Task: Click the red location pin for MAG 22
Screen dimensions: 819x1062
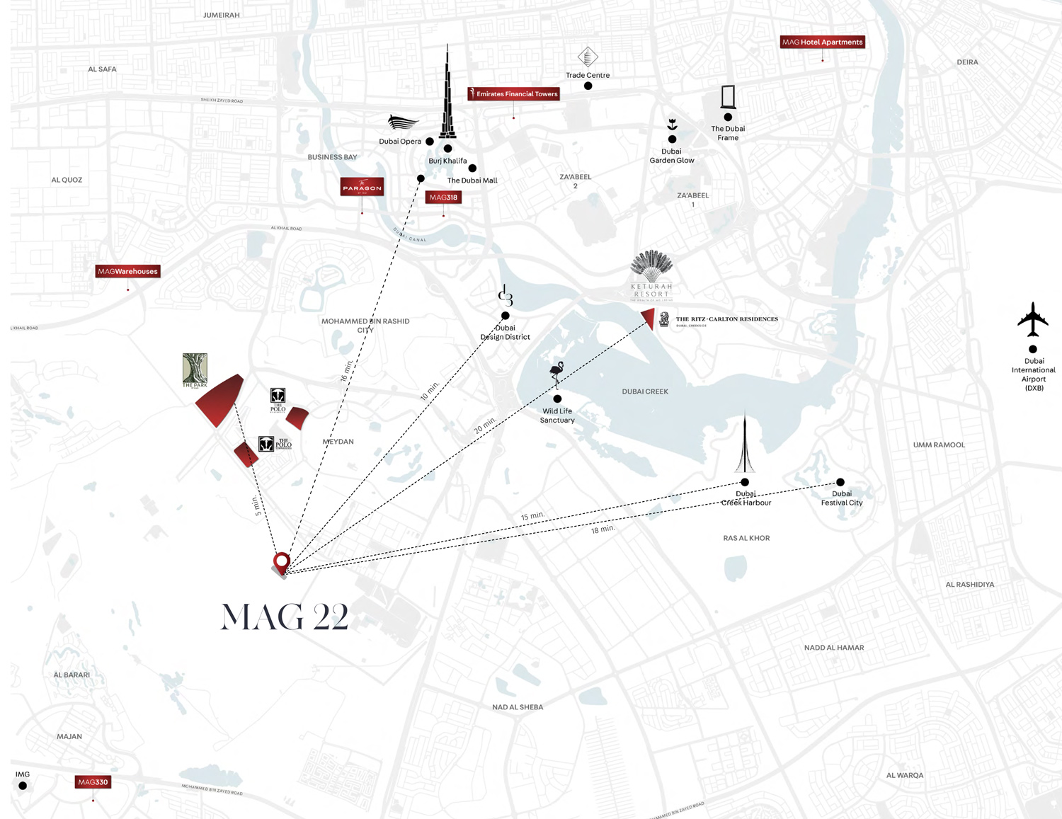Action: pos(282,563)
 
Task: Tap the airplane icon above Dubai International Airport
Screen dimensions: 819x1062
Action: pos(1033,319)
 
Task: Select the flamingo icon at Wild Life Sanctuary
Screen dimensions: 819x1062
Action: pos(557,374)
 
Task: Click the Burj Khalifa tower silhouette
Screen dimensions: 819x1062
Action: pos(447,96)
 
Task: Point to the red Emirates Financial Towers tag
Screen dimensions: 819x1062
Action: pos(514,93)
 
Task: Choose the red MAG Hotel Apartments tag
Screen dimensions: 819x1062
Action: pos(822,42)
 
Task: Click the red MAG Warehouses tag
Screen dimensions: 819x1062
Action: pos(127,271)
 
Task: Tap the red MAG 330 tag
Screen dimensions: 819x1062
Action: pos(93,782)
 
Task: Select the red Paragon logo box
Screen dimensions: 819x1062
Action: pos(362,187)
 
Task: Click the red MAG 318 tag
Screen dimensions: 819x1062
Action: pos(443,197)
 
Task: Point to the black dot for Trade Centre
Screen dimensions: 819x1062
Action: pos(588,86)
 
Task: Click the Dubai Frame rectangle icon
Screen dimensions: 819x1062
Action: pos(728,97)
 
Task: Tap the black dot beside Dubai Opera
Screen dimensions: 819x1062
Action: pos(430,142)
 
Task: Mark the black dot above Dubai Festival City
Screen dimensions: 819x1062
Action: pos(840,483)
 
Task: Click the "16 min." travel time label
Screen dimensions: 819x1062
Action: pos(346,370)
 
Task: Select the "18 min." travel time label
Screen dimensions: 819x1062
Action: pos(603,529)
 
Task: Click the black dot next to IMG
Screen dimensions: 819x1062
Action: pos(23,786)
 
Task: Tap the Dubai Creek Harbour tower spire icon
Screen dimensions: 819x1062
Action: pos(745,443)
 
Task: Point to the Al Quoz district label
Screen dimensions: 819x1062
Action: pos(67,180)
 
